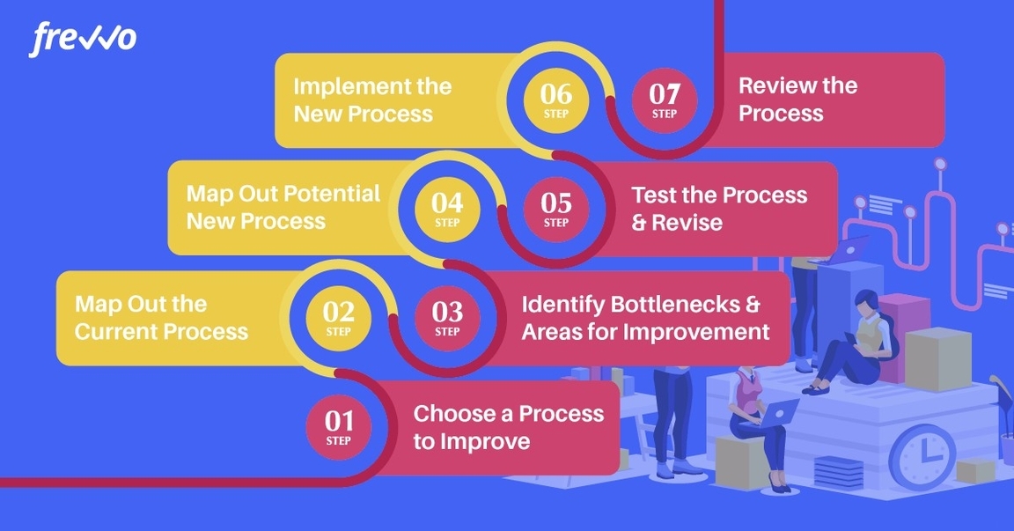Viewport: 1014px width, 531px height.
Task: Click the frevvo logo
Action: (83, 40)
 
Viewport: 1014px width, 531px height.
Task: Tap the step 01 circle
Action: (338, 427)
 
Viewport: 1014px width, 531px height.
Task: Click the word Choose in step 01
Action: (448, 413)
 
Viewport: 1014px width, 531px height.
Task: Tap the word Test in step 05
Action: (652, 195)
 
